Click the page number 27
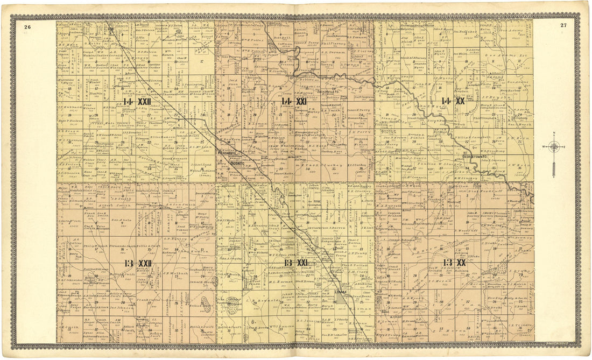563,25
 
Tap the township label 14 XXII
137,101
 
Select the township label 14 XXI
294,101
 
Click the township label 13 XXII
137,263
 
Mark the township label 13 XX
454,263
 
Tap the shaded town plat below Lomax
340,307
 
